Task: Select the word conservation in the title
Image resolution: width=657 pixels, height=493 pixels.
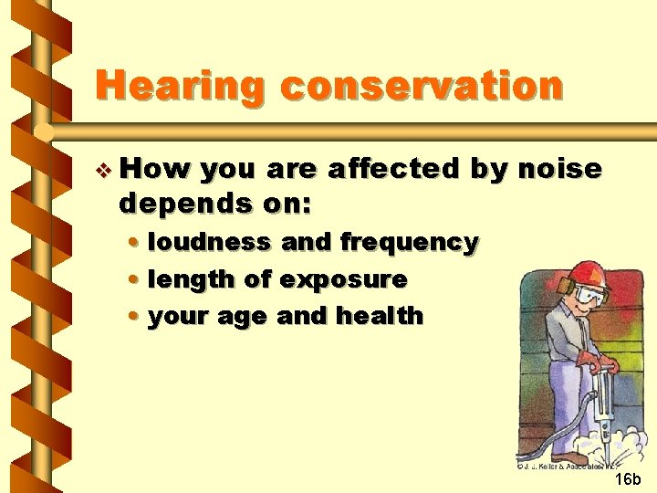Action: click(422, 87)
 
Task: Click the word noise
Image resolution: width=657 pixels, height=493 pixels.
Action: click(558, 169)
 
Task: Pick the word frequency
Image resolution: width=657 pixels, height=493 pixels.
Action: click(409, 242)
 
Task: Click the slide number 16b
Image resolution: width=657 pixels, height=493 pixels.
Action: click(627, 479)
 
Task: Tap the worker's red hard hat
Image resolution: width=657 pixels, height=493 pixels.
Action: click(589, 272)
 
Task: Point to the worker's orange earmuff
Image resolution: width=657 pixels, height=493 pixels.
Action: click(568, 290)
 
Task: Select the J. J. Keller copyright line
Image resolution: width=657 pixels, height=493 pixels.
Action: click(567, 465)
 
